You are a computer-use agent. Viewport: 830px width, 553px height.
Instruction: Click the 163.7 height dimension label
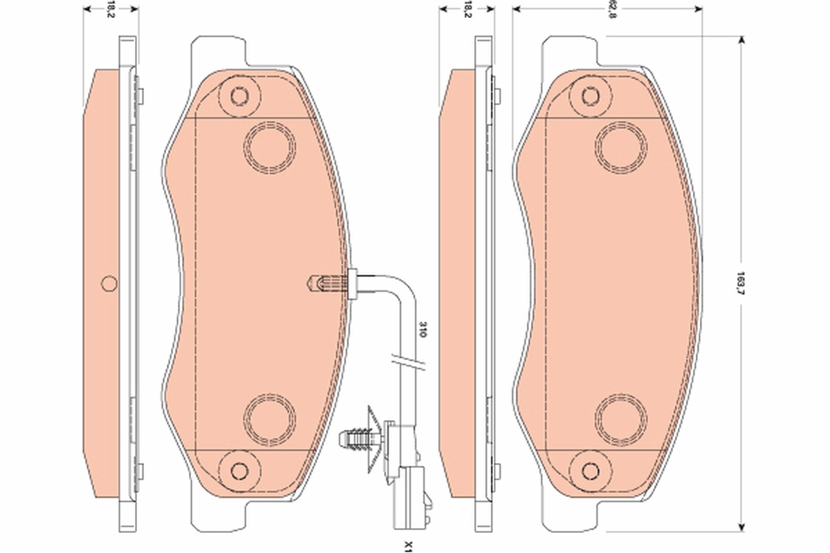click(x=741, y=281)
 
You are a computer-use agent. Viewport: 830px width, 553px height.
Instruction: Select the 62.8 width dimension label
click(x=611, y=10)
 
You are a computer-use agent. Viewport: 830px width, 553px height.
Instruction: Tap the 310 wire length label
click(x=418, y=329)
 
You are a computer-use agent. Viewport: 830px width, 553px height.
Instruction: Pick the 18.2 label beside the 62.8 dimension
click(x=468, y=10)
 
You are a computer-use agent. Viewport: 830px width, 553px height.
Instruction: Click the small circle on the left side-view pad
click(x=109, y=283)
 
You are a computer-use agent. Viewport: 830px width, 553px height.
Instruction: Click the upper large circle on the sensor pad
click(x=270, y=147)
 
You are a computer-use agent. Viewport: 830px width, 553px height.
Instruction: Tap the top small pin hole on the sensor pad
click(x=239, y=95)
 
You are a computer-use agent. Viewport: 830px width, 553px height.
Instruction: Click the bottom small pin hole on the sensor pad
click(x=239, y=470)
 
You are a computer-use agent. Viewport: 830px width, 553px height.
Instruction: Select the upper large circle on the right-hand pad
click(x=621, y=147)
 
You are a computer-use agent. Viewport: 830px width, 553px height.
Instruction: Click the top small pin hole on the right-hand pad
click(x=590, y=95)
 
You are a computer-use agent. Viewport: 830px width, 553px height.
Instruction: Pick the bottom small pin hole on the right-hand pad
click(x=590, y=470)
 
